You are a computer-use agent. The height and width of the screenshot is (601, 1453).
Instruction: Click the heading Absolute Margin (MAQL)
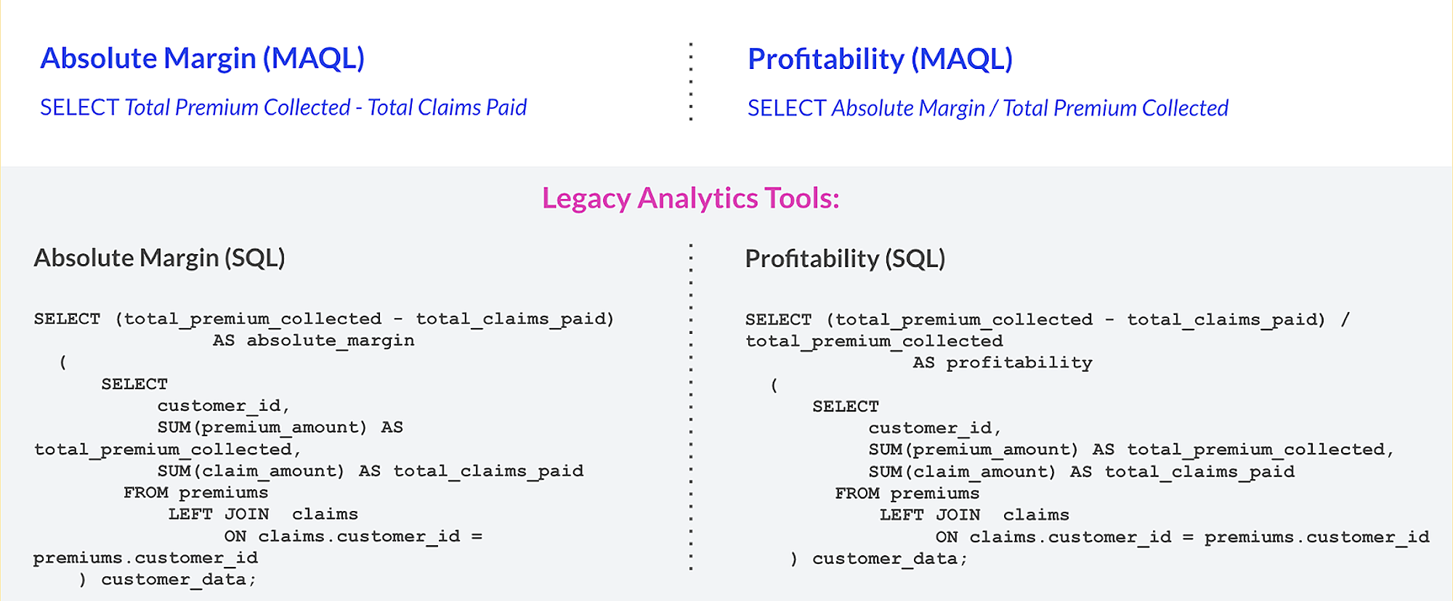tap(202, 58)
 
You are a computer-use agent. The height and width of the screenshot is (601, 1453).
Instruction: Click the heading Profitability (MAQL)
tap(880, 59)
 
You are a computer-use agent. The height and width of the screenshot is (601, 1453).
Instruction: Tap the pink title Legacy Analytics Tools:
tap(690, 198)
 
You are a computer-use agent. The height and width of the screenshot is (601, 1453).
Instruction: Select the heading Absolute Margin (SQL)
tap(159, 258)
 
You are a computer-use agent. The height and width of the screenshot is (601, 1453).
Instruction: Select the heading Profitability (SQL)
tap(845, 258)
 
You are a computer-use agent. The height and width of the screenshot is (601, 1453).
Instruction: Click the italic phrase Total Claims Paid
tap(447, 107)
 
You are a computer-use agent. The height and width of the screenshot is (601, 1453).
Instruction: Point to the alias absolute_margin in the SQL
tap(331, 340)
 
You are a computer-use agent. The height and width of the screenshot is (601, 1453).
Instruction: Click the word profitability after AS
tap(1019, 363)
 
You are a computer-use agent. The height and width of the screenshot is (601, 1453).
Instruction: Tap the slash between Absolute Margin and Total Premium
tap(993, 108)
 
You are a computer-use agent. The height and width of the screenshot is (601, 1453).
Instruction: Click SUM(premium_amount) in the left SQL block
tap(262, 428)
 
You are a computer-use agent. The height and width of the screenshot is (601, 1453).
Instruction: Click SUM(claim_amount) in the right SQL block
tap(963, 472)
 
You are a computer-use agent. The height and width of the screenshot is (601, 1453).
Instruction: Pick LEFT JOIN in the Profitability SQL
tap(929, 515)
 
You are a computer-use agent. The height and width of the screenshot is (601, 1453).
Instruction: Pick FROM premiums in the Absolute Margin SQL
tap(195, 493)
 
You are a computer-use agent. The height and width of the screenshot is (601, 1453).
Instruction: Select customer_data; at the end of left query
tap(178, 580)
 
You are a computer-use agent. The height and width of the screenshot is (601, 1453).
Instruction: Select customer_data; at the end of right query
tap(889, 559)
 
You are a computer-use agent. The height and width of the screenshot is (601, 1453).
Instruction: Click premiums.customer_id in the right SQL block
tap(1316, 537)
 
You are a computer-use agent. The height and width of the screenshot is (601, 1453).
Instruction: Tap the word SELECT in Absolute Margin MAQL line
tap(79, 107)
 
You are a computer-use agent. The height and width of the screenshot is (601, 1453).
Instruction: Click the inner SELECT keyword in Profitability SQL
tap(846, 406)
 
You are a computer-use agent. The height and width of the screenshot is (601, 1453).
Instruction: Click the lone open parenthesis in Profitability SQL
tap(774, 385)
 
